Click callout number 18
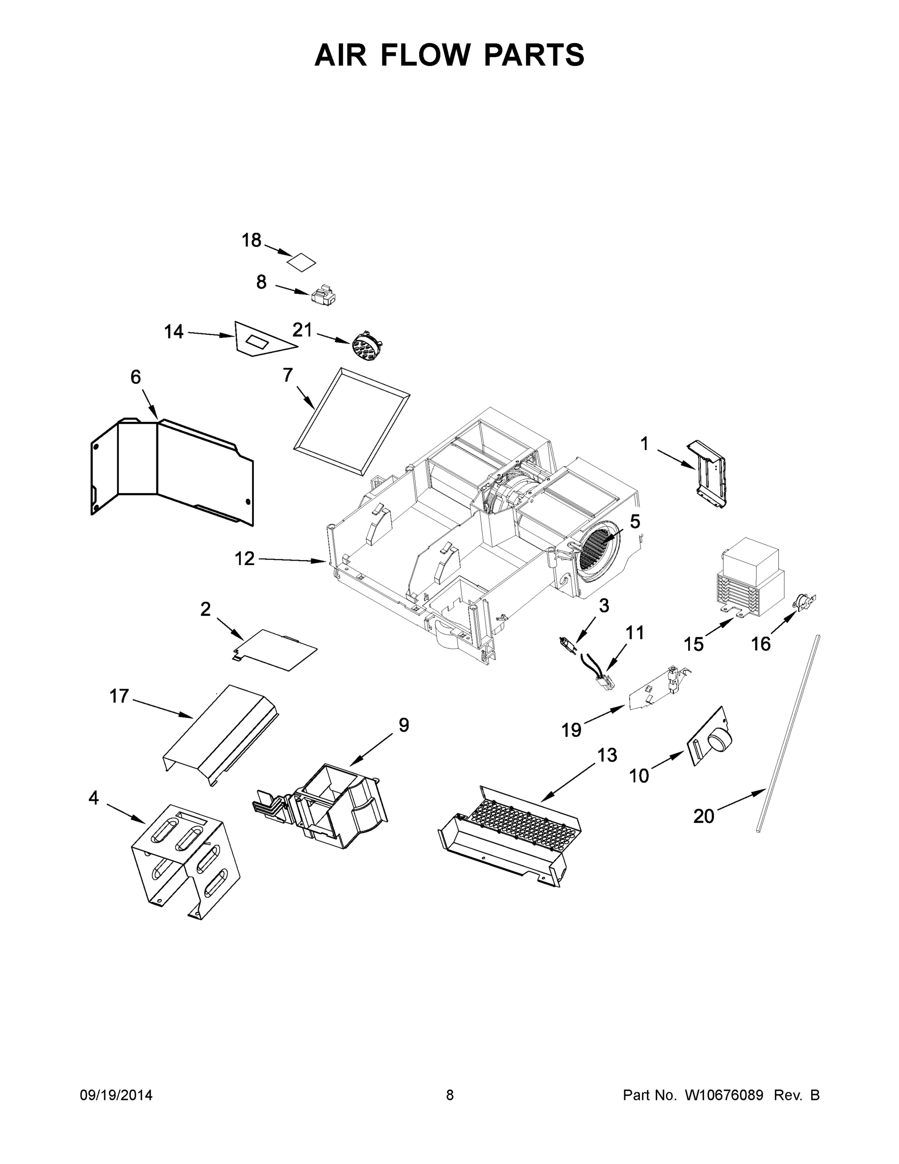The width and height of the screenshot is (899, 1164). click(252, 241)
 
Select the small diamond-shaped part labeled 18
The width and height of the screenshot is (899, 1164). click(301, 262)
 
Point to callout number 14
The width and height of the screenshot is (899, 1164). click(173, 332)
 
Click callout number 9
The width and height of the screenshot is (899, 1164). click(404, 725)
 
